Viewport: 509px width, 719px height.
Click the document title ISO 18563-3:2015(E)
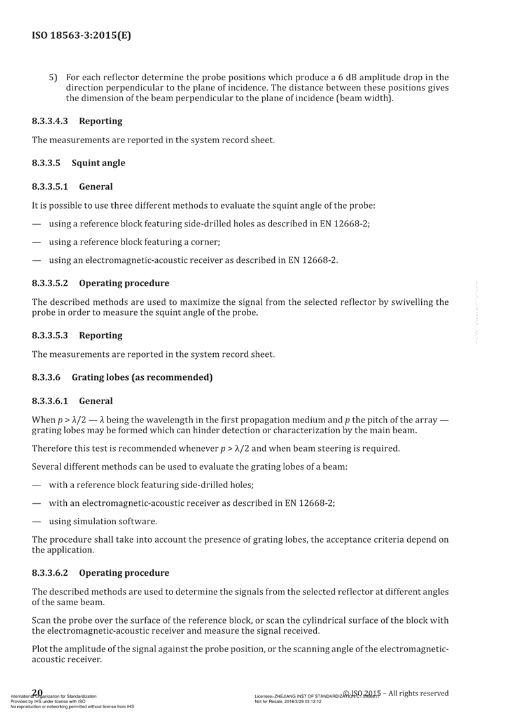click(x=81, y=36)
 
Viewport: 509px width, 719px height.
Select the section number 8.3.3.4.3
click(x=53, y=120)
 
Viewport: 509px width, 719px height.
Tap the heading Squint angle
click(x=99, y=163)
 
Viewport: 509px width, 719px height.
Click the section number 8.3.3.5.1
click(x=53, y=187)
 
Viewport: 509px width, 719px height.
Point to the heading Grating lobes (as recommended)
click(x=142, y=377)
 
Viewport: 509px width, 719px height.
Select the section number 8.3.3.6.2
click(x=53, y=572)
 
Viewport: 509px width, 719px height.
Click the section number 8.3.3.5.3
click(x=53, y=335)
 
